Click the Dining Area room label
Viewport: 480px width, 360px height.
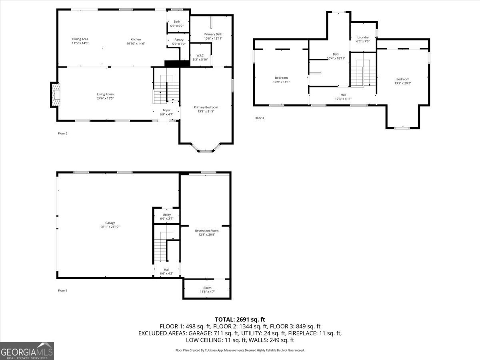pyautogui.click(x=80, y=39)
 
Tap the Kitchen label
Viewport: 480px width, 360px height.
pyautogui.click(x=136, y=39)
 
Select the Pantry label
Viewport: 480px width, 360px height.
pyautogui.click(x=179, y=40)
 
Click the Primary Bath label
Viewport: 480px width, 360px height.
pyautogui.click(x=213, y=34)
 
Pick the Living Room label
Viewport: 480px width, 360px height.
pyautogui.click(x=105, y=94)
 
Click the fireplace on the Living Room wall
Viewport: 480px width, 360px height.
pyautogui.click(x=55, y=95)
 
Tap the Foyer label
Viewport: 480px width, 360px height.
pyautogui.click(x=166, y=110)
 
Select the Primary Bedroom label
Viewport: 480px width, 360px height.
pyautogui.click(x=206, y=107)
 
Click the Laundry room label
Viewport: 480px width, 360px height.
pyautogui.click(x=363, y=37)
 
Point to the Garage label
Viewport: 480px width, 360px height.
pyautogui.click(x=110, y=223)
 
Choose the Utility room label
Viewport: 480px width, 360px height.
pyautogui.click(x=166, y=215)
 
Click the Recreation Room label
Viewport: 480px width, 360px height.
pyautogui.click(x=207, y=230)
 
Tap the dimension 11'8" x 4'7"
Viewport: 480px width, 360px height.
pyautogui.click(x=207, y=292)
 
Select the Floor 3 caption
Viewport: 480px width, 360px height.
pyautogui.click(x=259, y=118)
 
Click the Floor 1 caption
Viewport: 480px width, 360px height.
pyautogui.click(x=62, y=290)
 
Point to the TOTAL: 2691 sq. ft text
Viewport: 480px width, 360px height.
pyautogui.click(x=240, y=319)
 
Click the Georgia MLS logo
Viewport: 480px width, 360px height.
pyautogui.click(x=27, y=351)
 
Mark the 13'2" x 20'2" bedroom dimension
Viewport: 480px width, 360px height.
pyautogui.click(x=402, y=83)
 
